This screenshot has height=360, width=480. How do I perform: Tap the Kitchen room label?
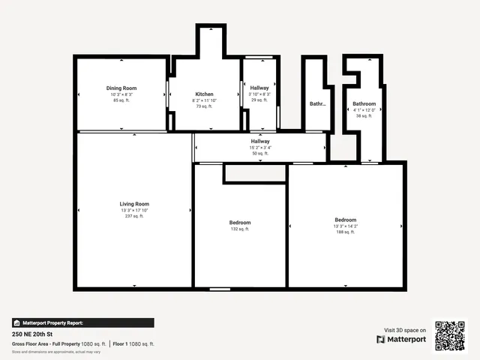point(205,94)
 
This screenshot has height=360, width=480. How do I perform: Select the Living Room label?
point(134,204)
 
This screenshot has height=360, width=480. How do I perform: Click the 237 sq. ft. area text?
point(134,216)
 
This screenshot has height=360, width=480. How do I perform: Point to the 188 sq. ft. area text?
point(345,232)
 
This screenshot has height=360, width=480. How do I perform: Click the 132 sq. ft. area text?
point(240,229)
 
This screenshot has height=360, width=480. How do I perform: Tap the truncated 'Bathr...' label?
point(318,104)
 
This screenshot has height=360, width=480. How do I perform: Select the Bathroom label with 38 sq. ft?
point(364,103)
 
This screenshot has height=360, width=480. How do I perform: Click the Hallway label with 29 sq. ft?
point(259,88)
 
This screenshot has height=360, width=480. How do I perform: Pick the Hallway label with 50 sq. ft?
point(260,141)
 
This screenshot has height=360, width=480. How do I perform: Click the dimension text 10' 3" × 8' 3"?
point(121,94)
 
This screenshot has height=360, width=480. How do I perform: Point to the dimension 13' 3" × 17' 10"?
point(134,210)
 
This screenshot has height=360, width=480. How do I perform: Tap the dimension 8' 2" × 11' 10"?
point(205,100)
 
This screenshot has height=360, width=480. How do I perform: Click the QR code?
point(451,335)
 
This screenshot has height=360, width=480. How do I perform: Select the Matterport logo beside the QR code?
point(401,339)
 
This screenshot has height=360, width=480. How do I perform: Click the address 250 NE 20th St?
point(33,334)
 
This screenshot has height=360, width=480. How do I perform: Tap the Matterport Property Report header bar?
point(82,322)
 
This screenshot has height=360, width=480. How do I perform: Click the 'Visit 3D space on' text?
point(405,330)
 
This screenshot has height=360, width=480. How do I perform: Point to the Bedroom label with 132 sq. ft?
point(240,223)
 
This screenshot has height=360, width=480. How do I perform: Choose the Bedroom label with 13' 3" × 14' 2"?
point(345,220)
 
